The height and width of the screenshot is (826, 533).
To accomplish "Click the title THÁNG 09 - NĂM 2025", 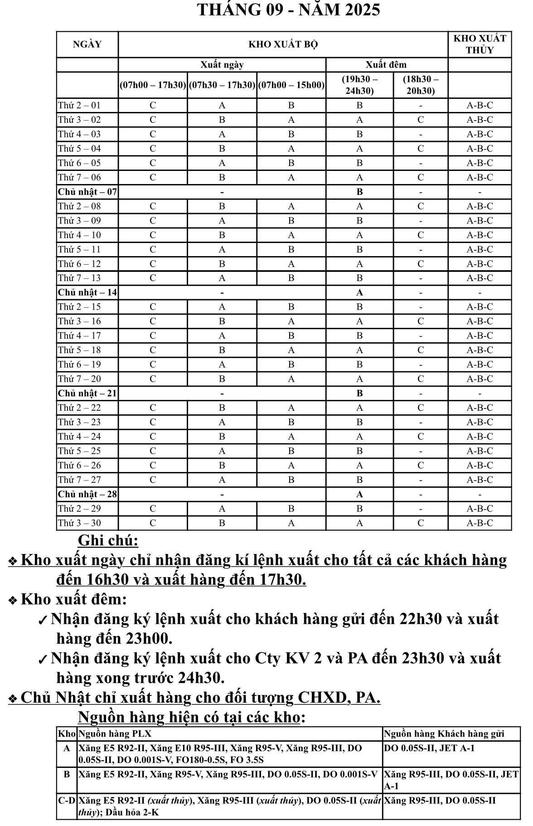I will [289, 10].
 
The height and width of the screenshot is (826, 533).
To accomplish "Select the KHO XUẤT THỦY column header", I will [480, 44].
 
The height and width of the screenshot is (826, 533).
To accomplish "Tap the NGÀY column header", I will [87, 44].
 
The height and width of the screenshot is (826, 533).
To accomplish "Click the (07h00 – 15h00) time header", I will [291, 85].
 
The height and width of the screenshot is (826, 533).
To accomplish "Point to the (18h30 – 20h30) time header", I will [421, 85].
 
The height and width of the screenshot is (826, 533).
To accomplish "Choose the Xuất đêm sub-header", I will [386, 64].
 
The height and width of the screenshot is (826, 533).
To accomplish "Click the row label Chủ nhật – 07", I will [87, 192].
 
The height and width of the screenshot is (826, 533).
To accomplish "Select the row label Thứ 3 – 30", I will [79, 523].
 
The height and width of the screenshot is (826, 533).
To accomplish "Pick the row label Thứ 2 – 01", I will [79, 105].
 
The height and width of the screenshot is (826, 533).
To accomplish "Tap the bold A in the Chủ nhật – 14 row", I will [359, 292].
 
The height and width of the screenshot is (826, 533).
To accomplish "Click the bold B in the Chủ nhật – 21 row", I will [359, 393].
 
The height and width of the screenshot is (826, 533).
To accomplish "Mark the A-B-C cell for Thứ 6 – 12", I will [480, 263].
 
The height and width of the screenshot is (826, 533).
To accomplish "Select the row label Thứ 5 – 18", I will [79, 350].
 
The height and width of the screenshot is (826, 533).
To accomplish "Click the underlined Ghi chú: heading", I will [108, 540].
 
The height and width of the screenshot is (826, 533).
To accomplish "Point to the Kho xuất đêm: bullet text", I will [74, 599].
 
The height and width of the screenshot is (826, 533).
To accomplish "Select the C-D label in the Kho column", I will [67, 801].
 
